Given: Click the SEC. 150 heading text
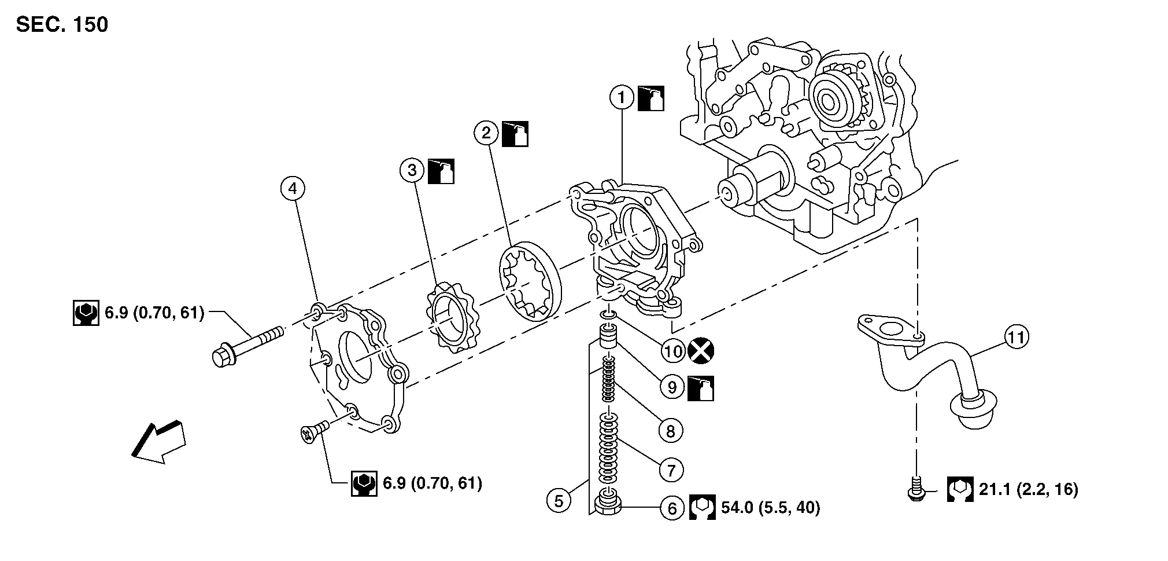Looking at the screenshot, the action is point(62,25).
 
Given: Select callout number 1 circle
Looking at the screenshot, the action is point(622,98).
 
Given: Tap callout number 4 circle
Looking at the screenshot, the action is point(293,188).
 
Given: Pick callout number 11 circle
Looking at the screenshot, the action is point(1017,336).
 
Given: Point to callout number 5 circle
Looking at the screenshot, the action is point(559,501).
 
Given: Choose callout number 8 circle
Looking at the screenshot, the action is point(671,431).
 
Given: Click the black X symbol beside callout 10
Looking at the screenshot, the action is point(701,350).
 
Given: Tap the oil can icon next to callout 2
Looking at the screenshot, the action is point(515,134).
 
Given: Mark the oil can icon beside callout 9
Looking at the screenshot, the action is point(700,388).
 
